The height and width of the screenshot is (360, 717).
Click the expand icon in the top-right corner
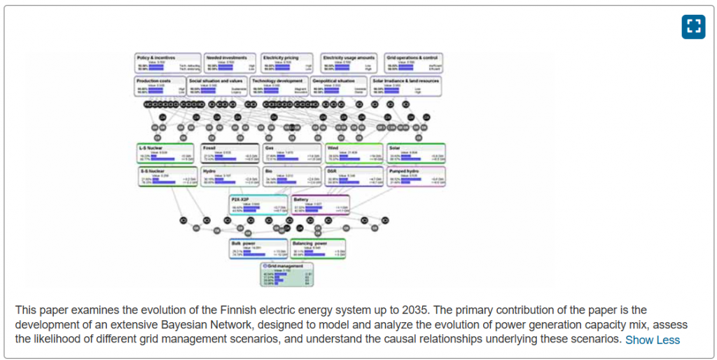pos(693,27)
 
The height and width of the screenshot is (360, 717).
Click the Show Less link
pos(653,340)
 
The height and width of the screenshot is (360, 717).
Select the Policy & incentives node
pos(167,62)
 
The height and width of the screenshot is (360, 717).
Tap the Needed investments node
pos(230,62)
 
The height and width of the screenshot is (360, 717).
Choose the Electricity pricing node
pos(288,62)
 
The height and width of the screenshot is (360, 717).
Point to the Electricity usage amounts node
pos(349,62)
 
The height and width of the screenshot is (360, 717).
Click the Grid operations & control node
pos(414,62)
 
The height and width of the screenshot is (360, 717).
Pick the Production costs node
pos(160,85)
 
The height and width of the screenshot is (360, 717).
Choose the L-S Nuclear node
pos(165,153)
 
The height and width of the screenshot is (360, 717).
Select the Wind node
pos(354,153)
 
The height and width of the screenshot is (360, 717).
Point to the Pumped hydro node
pos(416,175)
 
